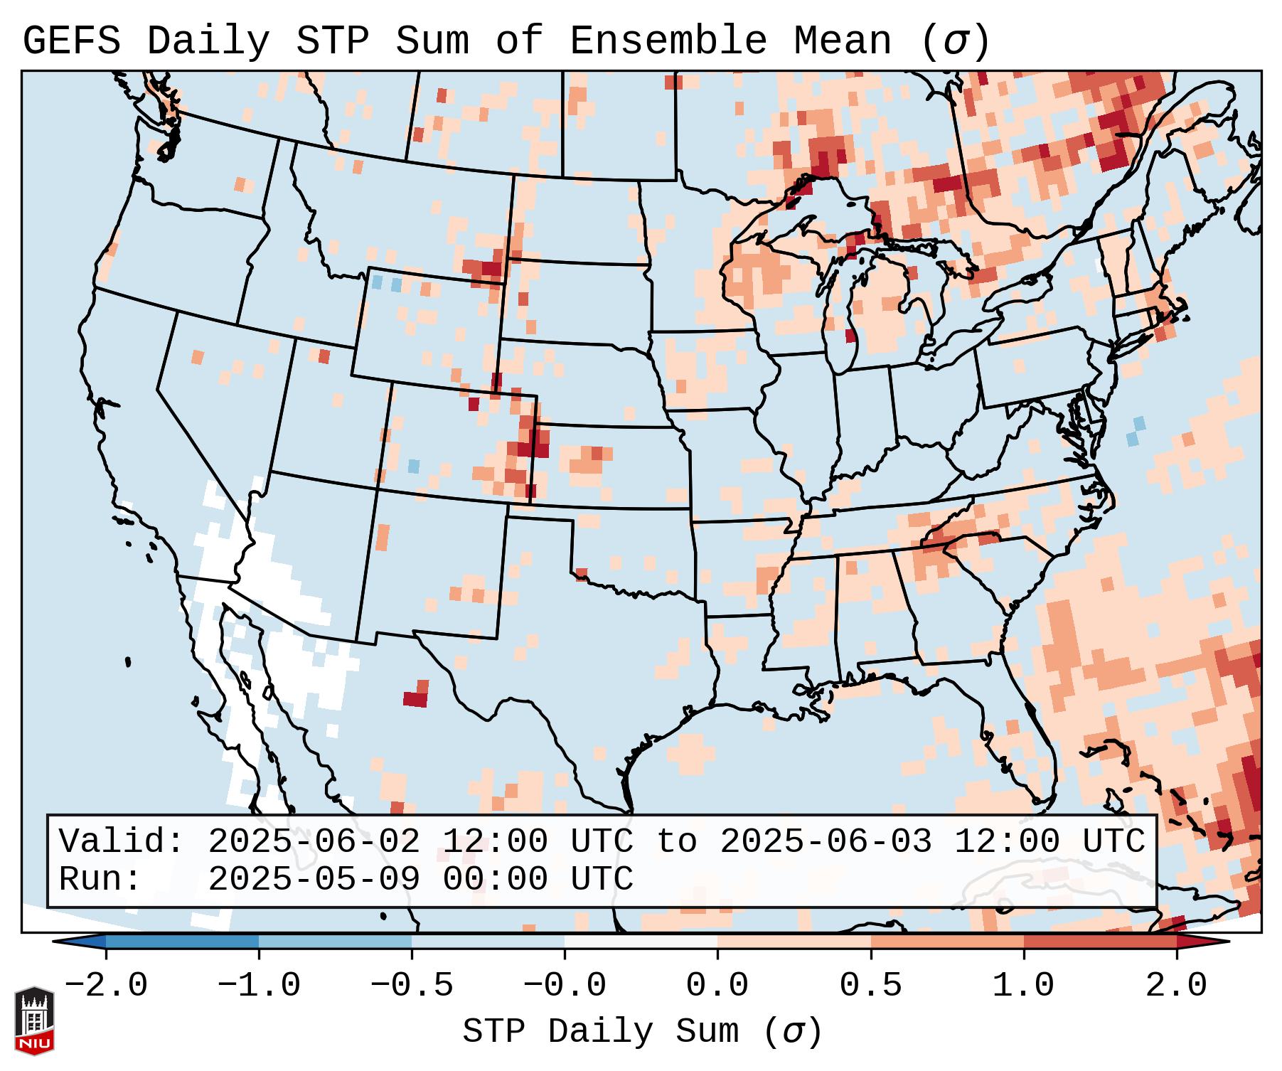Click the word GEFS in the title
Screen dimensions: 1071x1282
[71, 41]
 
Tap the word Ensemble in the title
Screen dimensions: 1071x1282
[668, 41]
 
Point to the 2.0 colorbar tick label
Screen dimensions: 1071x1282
[1176, 986]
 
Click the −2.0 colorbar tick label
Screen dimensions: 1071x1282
[106, 986]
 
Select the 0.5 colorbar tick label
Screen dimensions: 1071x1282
[870, 986]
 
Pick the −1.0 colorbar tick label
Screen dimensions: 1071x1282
[259, 986]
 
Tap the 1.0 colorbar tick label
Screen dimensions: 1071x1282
[1023, 986]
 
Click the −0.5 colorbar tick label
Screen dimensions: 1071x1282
[412, 986]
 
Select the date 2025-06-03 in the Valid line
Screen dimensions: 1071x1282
[826, 841]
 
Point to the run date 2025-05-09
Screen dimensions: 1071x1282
[314, 879]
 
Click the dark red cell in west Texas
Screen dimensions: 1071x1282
[415, 699]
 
